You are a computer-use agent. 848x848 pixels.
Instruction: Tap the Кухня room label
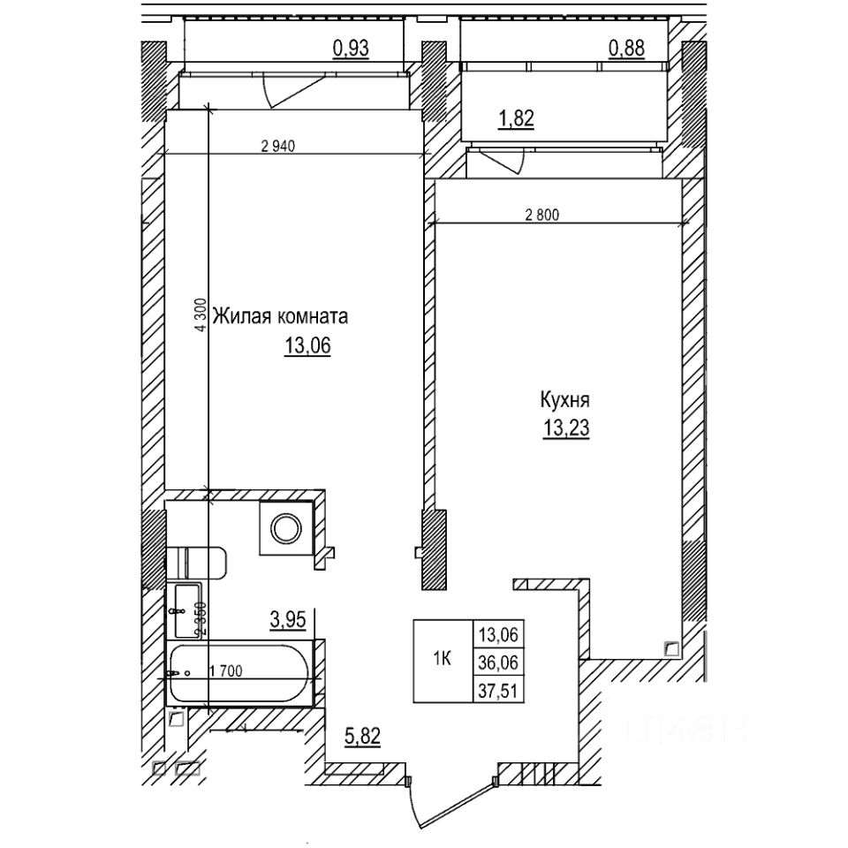click(x=565, y=399)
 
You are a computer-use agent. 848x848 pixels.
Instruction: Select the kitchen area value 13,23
click(x=566, y=429)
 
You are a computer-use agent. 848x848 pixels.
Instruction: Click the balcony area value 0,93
click(x=350, y=49)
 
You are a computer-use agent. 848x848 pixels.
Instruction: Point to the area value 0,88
click(x=626, y=49)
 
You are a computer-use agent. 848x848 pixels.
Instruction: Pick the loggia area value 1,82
click(x=517, y=119)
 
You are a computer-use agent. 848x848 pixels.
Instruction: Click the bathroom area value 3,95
click(x=287, y=620)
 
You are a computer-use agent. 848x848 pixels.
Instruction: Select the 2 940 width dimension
click(x=277, y=148)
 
